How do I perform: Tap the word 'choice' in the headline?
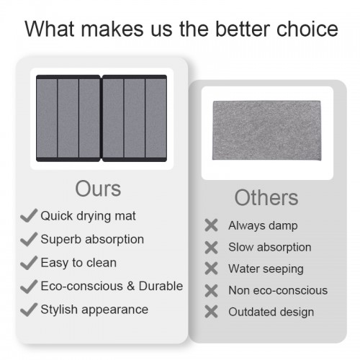tap(307, 29)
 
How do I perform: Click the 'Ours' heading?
tap(98, 189)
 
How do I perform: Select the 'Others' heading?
tap(266, 198)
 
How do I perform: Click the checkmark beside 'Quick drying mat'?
tap(29, 215)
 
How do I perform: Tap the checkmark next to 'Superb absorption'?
tap(29, 239)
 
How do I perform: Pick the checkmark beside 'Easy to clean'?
tap(29, 263)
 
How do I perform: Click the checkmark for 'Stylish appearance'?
tap(29, 310)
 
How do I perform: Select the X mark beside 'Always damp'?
tap(211, 225)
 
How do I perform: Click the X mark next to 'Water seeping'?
tap(211, 269)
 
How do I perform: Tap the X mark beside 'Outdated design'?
tap(211, 312)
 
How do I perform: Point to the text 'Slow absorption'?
tap(270, 247)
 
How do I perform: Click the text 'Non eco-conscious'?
tap(278, 290)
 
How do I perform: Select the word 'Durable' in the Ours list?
tap(161, 286)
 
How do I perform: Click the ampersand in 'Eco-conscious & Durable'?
tap(130, 286)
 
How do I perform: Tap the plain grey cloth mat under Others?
tap(266, 130)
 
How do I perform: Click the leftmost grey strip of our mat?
tap(47, 118)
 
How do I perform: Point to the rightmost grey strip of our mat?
tap(156, 118)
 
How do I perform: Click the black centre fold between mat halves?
tap(101, 118)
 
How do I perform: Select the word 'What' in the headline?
tap(50, 29)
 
